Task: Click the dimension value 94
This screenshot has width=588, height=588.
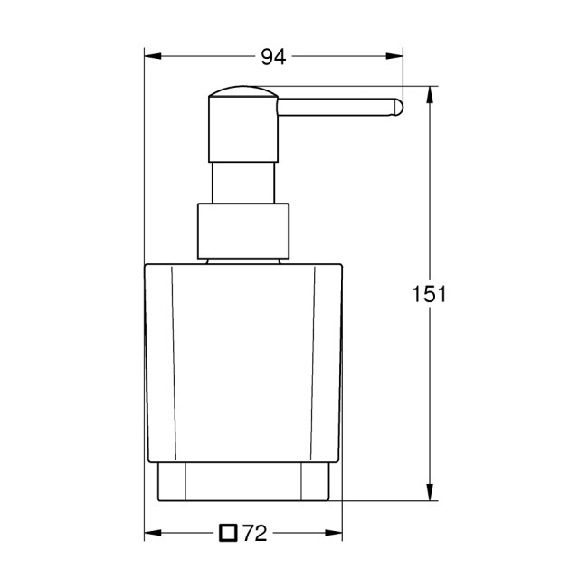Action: coord(273,57)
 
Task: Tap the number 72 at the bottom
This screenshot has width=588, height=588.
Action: coord(254,534)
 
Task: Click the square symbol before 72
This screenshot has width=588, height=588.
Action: coord(228,533)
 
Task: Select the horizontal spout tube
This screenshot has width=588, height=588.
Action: coord(335,107)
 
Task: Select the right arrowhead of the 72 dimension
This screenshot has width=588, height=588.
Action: coord(337,534)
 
